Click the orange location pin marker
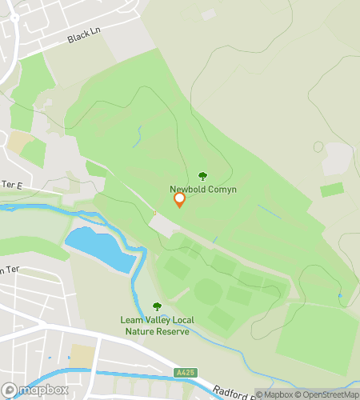coord(180,200)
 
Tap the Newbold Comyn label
coord(202,190)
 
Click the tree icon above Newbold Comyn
coord(202,176)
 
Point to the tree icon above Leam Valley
coord(157,307)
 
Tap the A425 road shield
coord(183,373)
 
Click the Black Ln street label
coord(81,38)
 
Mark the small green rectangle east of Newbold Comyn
coord(332,190)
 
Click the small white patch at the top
coord(209,14)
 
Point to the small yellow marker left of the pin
coord(154,213)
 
